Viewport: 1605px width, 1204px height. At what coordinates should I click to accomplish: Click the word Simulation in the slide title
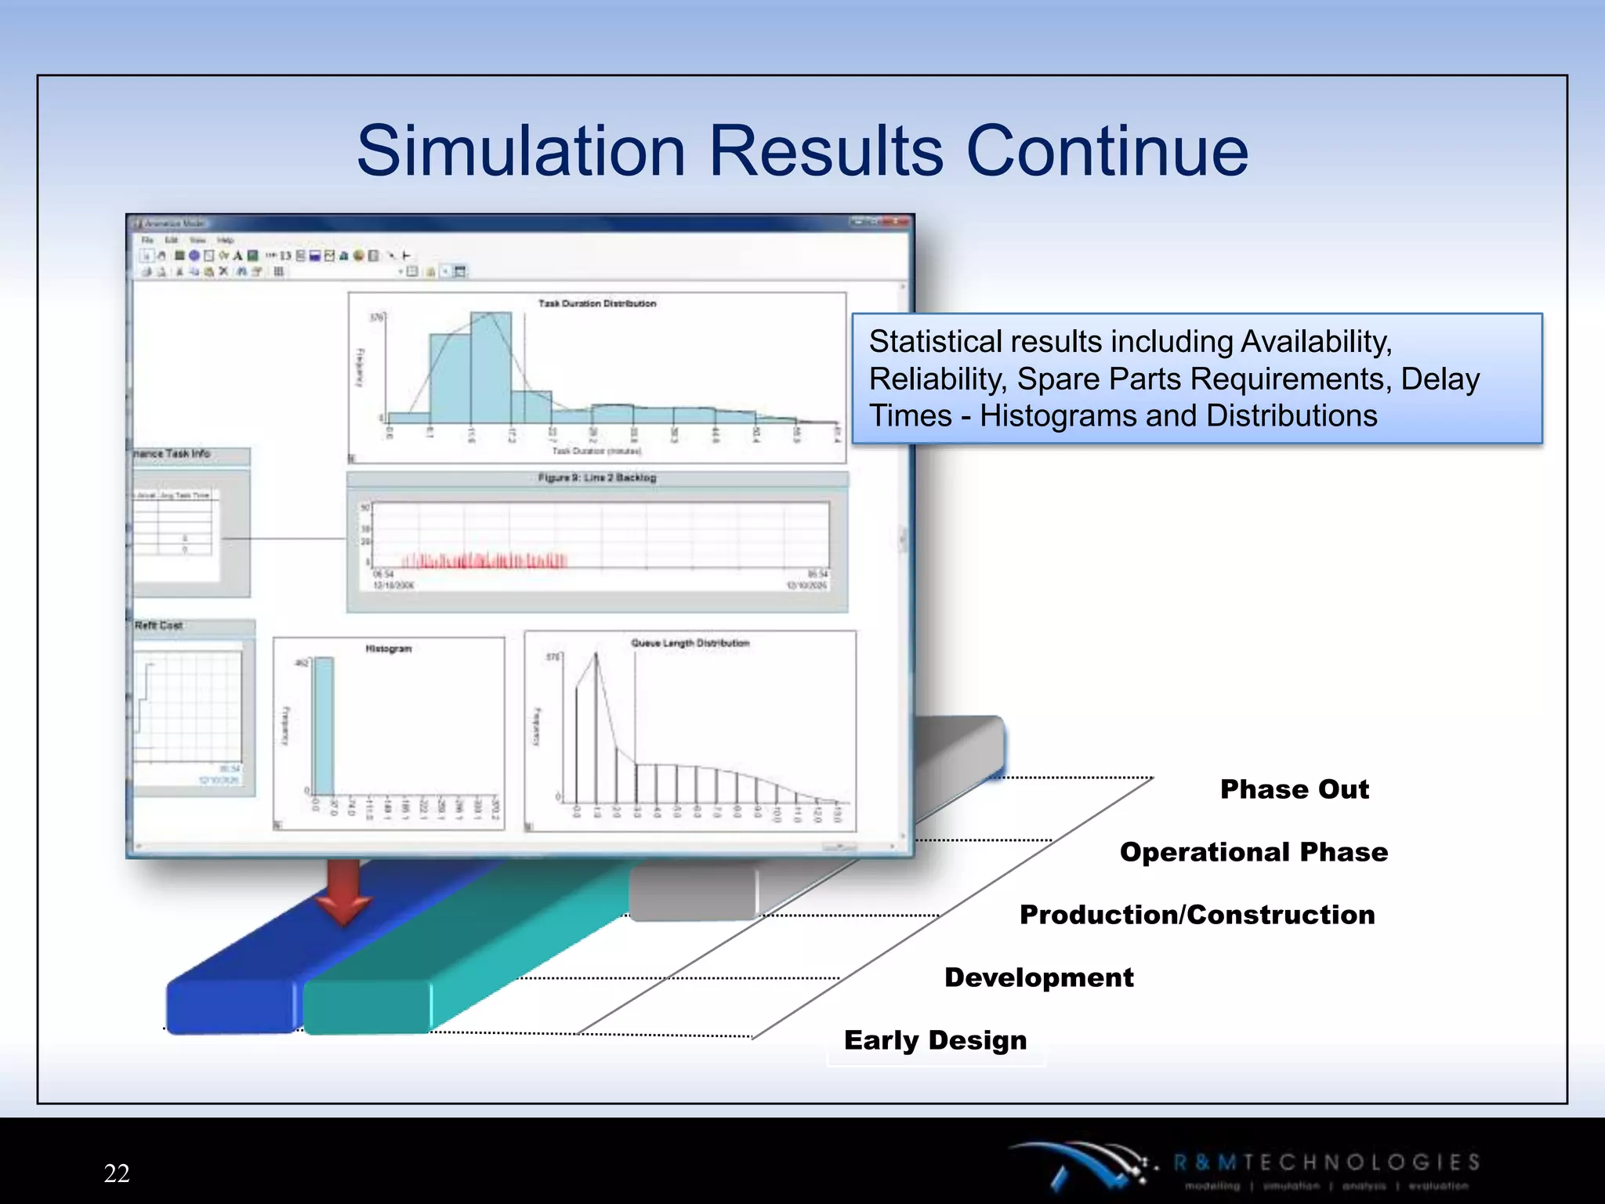coord(521,150)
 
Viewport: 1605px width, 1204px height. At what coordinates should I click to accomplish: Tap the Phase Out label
coord(1295,789)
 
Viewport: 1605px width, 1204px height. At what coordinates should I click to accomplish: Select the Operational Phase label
coord(1254,852)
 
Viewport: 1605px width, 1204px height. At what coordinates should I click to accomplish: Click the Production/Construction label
coord(1197,915)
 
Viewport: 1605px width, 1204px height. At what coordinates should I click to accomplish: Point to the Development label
coord(1039,977)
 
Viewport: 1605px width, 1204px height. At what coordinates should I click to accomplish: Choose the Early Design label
coord(935,1040)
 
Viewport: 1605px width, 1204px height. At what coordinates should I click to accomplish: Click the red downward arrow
coord(343,894)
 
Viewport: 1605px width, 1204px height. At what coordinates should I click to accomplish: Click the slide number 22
coord(117,1173)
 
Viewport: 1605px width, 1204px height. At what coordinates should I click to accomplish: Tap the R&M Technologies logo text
coord(1326,1162)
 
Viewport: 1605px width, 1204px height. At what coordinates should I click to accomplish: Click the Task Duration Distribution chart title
coord(597,303)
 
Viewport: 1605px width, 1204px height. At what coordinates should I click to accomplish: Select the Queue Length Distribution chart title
coord(690,643)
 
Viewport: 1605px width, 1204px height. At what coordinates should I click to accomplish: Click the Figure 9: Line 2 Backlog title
coord(597,477)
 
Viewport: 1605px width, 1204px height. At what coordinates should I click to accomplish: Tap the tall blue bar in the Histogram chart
coord(324,725)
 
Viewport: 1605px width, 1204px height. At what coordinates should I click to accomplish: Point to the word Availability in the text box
coord(1316,342)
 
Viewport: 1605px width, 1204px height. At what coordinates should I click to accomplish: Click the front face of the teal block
coord(367,1007)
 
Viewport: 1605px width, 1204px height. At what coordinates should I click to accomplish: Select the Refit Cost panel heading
coord(158,626)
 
